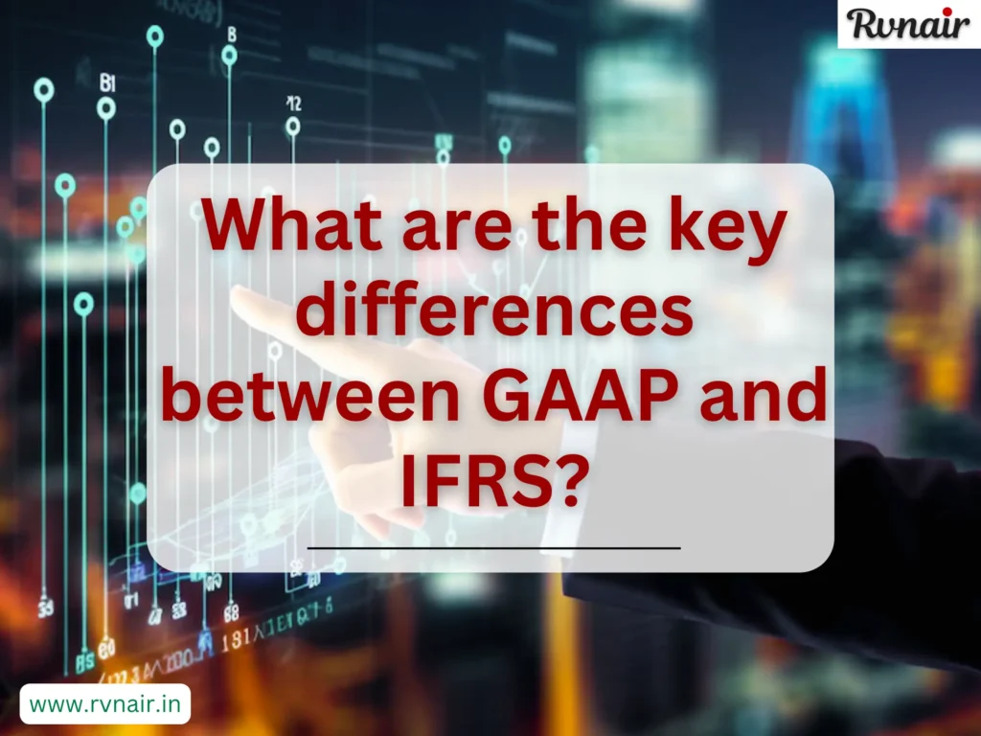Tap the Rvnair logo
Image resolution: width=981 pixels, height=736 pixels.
908,23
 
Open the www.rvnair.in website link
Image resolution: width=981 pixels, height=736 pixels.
105,704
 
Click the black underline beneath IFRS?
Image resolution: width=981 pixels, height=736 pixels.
493,547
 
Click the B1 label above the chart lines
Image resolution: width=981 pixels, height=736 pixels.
107,83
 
